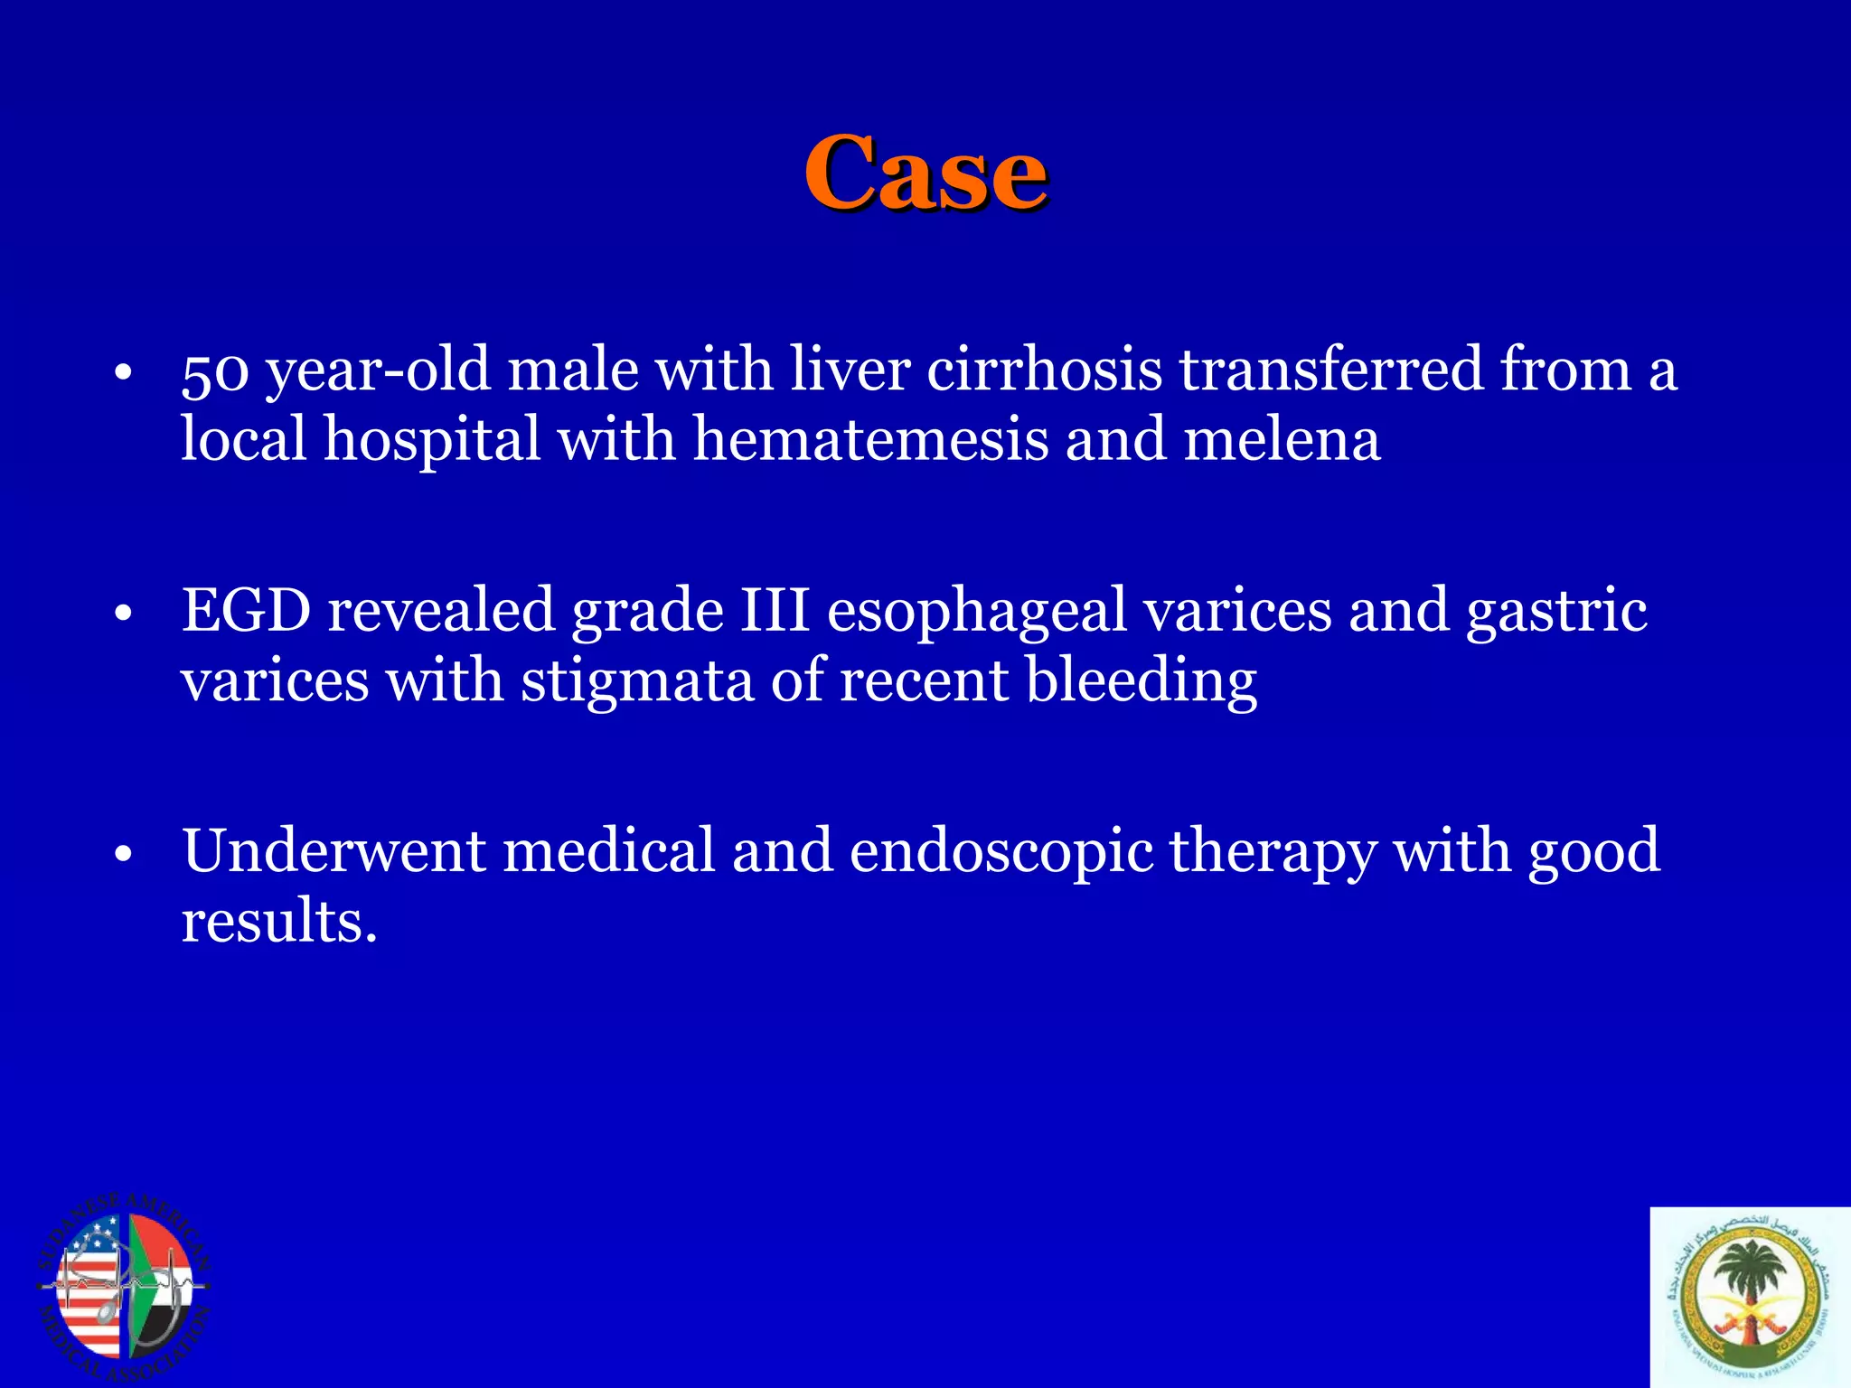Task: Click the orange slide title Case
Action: pos(925,173)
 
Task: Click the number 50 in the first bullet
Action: pos(214,371)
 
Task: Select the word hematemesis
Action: pos(870,440)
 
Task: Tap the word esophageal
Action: pos(976,612)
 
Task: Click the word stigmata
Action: pos(637,680)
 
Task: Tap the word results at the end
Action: pos(277,922)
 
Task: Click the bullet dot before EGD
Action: pos(124,615)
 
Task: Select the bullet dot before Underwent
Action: pos(124,855)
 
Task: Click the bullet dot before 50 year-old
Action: pos(124,374)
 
